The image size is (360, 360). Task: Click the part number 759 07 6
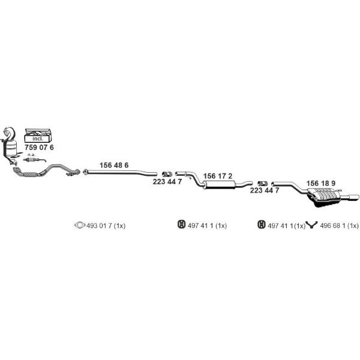pos(39,148)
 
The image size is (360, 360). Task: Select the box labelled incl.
pos(38,136)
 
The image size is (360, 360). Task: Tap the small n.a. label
pos(31,155)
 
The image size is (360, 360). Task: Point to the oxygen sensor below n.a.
pos(34,160)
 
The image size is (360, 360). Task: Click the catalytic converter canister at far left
pos(11,148)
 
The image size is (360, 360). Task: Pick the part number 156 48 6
pos(114,165)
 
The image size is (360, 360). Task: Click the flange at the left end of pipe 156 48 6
pos(85,172)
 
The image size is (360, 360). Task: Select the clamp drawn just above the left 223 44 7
pos(167,174)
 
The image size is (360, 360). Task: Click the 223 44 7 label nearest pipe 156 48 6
pos(167,182)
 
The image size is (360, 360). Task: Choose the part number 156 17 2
pos(218,176)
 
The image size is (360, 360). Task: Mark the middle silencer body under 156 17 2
pos(220,184)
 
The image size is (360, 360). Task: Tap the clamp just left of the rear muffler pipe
pos(262,184)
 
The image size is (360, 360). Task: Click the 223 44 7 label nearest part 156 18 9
pos(265,190)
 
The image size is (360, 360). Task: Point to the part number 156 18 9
pos(321,183)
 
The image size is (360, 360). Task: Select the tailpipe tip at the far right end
pos(353,197)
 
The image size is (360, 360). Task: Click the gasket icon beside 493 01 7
pos(80,225)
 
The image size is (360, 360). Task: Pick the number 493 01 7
pos(99,226)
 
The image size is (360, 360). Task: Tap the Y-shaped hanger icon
pos(312,225)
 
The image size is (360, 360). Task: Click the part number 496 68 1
pos(332,226)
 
